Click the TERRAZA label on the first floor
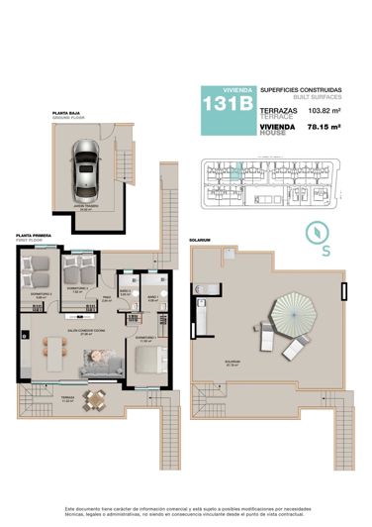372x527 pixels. [x=68, y=399]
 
